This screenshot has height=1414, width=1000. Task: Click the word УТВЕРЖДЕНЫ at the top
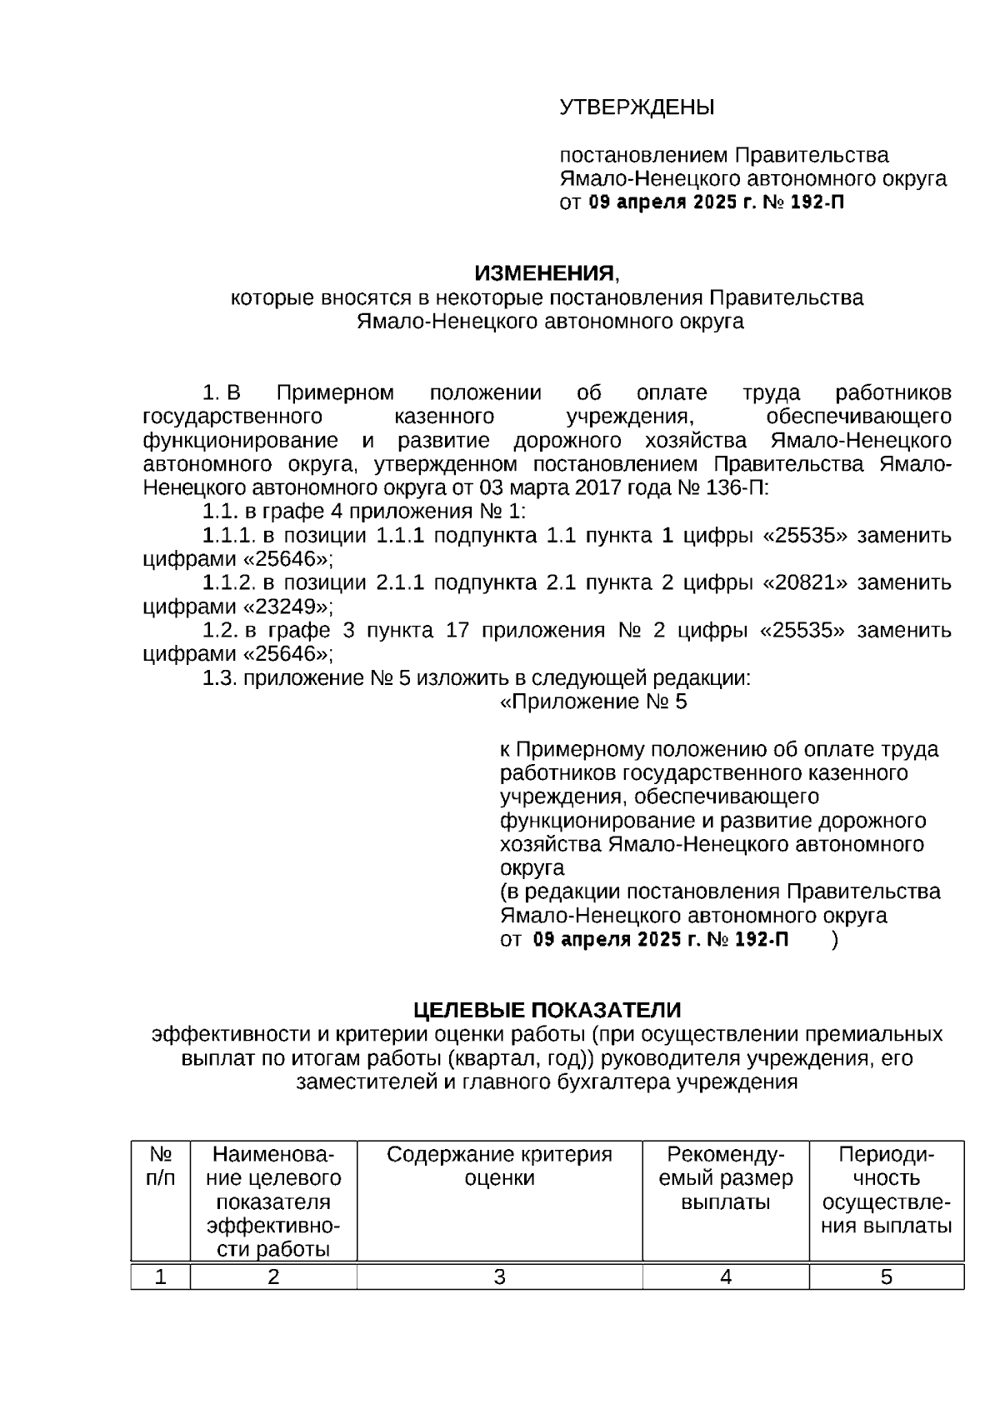[x=637, y=107]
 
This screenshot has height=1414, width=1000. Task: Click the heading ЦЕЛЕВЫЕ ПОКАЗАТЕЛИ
[x=547, y=1011]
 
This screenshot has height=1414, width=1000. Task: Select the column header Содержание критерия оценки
[x=499, y=1167]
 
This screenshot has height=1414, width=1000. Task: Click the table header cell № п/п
[x=160, y=1167]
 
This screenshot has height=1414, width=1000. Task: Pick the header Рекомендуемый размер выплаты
[x=725, y=1178]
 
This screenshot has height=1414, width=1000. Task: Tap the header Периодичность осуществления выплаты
[x=886, y=1190]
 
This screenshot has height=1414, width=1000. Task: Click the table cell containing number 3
[x=499, y=1277]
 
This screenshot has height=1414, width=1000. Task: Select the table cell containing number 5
[x=886, y=1277]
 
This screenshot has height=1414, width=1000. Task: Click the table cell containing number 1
[x=160, y=1277]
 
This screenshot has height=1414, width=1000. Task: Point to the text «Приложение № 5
[x=593, y=702]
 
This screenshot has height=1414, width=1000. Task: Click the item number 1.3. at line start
[x=220, y=678]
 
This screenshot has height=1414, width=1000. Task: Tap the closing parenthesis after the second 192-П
[x=835, y=940]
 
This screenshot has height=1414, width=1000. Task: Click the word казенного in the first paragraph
[x=442, y=417]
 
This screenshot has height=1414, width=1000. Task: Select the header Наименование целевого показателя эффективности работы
[x=273, y=1202]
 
